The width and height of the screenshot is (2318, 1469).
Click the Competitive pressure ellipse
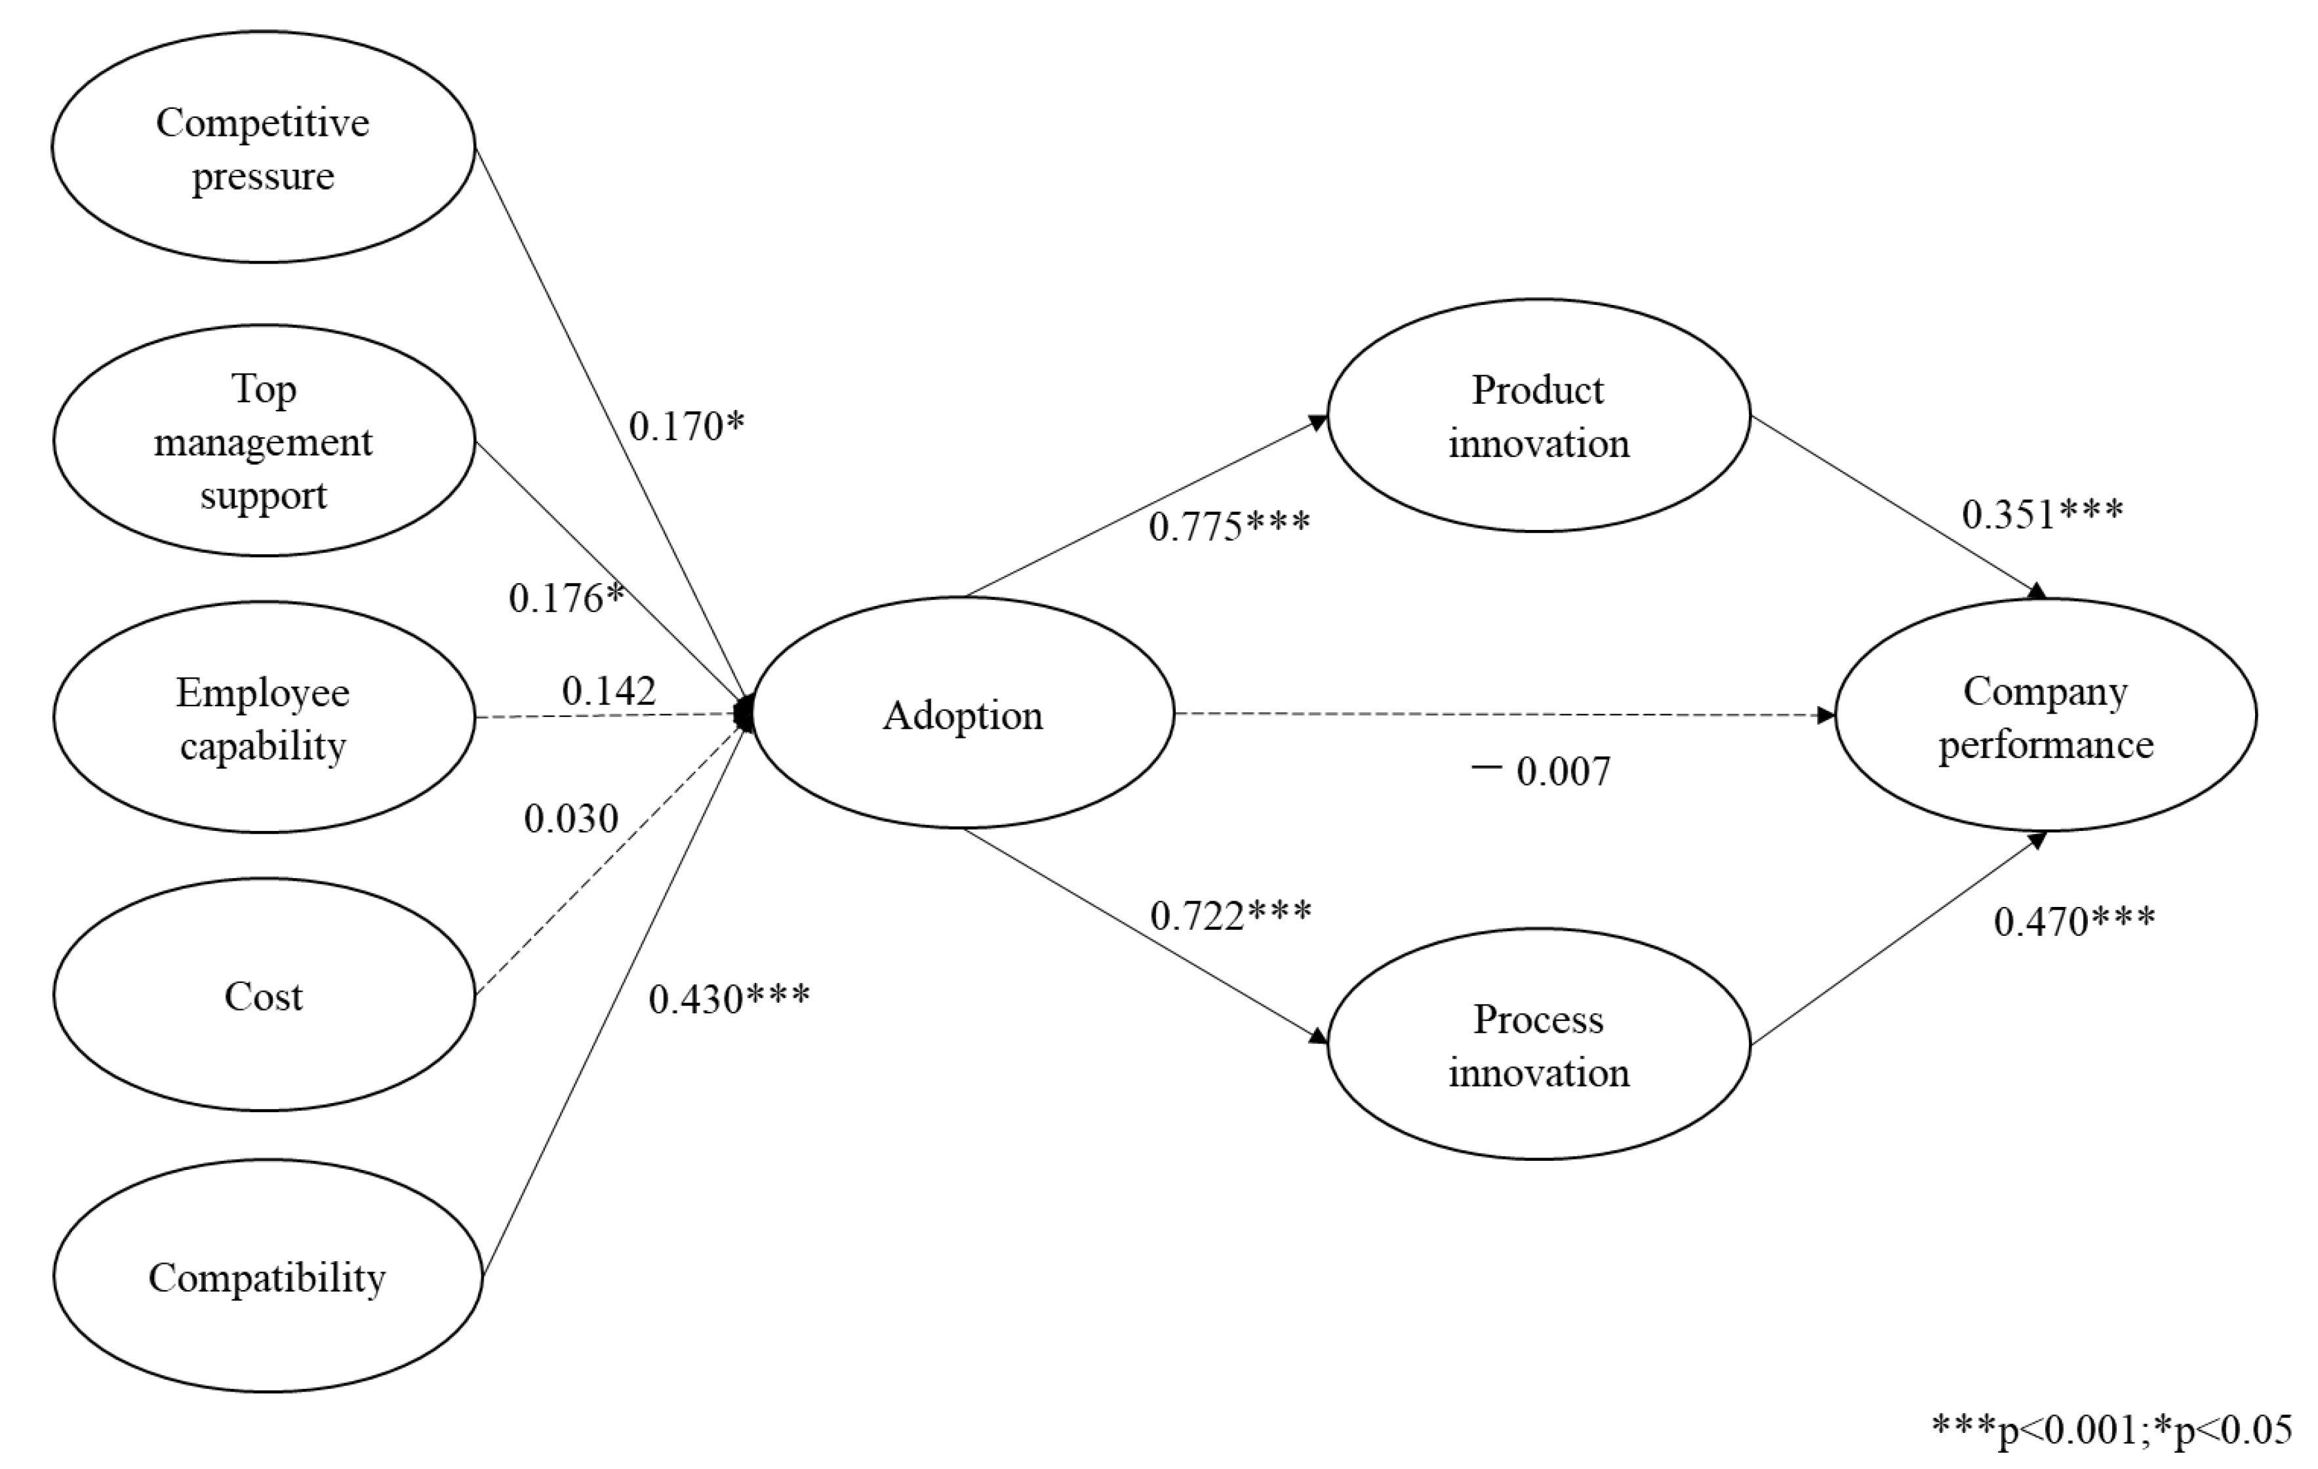pyautogui.click(x=263, y=148)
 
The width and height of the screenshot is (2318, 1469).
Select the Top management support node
pyautogui.click(x=263, y=441)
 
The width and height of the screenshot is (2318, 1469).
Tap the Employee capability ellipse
pyautogui.click(x=263, y=718)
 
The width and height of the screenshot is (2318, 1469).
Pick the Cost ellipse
pyautogui.click(x=263, y=996)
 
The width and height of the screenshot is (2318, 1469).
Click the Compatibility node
pyautogui.click(x=267, y=1276)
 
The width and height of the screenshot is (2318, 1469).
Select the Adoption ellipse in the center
pyautogui.click(x=963, y=714)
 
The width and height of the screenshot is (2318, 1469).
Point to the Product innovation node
pyautogui.click(x=1538, y=416)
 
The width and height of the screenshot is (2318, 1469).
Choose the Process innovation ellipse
pyautogui.click(x=1538, y=1045)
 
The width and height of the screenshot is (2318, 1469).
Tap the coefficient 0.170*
pyautogui.click(x=687, y=426)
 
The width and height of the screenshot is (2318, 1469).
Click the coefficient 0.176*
pyautogui.click(x=566, y=598)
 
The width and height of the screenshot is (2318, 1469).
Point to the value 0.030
pyautogui.click(x=571, y=818)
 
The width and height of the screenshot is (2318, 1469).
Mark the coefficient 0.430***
pyautogui.click(x=729, y=999)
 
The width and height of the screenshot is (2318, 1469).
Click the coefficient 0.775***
pyautogui.click(x=1229, y=525)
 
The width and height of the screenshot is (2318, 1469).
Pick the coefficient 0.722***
pyautogui.click(x=1230, y=914)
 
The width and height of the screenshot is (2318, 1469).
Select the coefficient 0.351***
pyautogui.click(x=2042, y=514)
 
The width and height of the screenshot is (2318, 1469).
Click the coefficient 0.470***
pyautogui.click(x=2073, y=921)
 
